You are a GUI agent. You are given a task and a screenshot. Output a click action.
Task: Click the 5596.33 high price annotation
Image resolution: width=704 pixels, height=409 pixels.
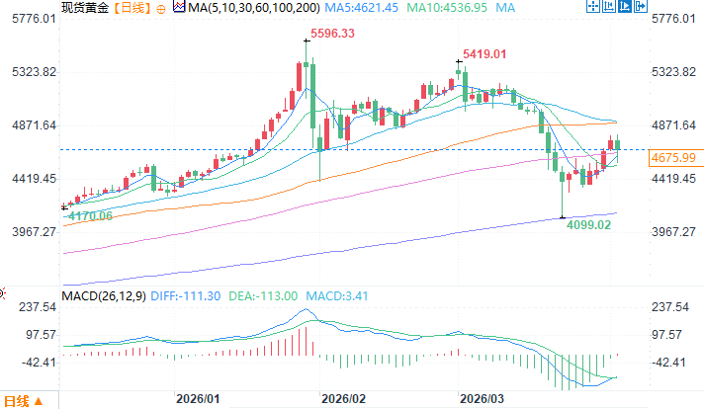333,34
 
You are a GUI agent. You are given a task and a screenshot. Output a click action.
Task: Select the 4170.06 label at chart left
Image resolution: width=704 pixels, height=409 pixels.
87,215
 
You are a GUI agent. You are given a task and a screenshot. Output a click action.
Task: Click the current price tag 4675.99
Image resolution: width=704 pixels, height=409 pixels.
672,158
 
